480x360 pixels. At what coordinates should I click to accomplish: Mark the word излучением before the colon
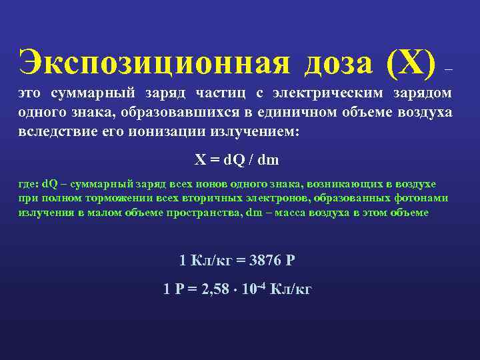257,131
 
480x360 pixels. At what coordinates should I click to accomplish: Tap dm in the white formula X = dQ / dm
269,160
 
